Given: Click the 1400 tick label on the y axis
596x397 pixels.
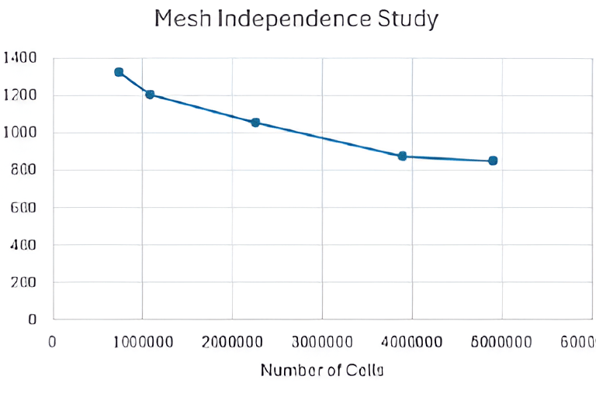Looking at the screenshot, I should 20,57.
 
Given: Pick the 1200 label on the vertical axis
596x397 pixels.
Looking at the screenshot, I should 20,95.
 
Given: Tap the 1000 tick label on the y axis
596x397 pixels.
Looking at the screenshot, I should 20,133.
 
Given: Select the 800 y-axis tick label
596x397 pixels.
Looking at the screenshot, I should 25,170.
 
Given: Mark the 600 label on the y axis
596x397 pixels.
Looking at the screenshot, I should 25,207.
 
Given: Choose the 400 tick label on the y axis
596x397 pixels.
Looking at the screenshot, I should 25,244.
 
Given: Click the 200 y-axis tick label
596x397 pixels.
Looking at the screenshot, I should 25,281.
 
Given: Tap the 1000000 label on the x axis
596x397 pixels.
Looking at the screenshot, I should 142,342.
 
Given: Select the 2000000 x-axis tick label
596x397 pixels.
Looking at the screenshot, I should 232,342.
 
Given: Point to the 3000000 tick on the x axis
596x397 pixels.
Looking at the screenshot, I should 322,342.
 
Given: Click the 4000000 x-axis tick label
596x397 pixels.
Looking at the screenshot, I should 412,342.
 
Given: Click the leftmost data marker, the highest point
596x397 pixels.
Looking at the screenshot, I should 119,72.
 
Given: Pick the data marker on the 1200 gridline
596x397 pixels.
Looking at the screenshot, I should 150,95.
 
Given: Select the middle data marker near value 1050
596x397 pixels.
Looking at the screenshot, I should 255,123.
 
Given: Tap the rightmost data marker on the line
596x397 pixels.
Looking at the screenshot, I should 493,161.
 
